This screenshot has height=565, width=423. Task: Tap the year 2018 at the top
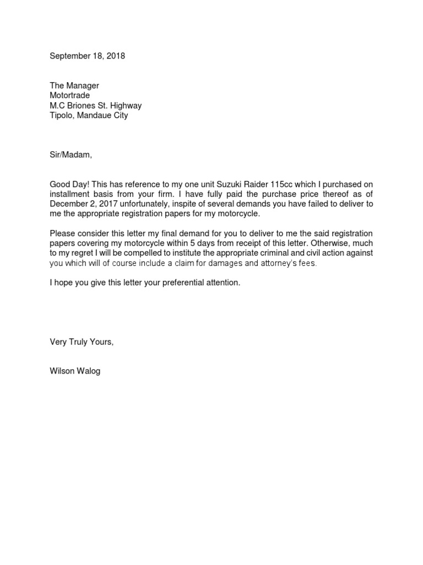pyautogui.click(x=116, y=56)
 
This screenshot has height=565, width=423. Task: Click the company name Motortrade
pyautogui.click(x=70, y=95)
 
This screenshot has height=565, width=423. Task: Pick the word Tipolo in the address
pyautogui.click(x=62, y=115)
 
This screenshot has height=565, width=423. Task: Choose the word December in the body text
pyautogui.click(x=69, y=204)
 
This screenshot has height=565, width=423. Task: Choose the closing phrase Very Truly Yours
pyautogui.click(x=82, y=343)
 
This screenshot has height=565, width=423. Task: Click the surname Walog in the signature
pyautogui.click(x=89, y=371)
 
